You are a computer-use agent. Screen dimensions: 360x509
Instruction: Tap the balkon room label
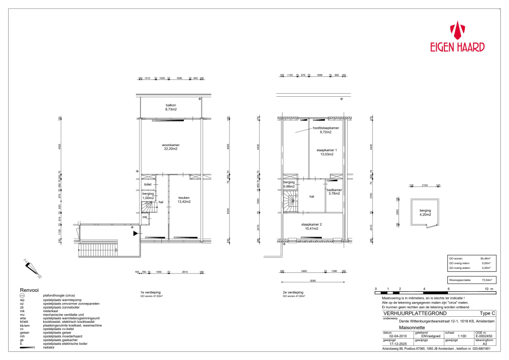coord(171,107)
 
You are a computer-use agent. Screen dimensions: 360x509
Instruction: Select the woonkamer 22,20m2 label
coord(171,147)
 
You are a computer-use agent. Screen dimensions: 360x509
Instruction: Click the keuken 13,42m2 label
coord(184,200)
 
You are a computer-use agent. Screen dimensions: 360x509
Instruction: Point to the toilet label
coord(148,184)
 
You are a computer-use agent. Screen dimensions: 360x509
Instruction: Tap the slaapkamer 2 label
coord(312,227)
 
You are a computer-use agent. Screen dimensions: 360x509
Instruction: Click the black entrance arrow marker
coord(135,233)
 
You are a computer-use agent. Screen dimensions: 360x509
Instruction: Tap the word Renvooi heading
coord(30,289)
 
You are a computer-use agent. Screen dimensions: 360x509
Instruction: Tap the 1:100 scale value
coord(462,336)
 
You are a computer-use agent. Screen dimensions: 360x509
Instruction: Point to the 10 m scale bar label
coord(489,289)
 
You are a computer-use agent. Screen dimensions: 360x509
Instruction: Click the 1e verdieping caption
coord(150,292)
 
